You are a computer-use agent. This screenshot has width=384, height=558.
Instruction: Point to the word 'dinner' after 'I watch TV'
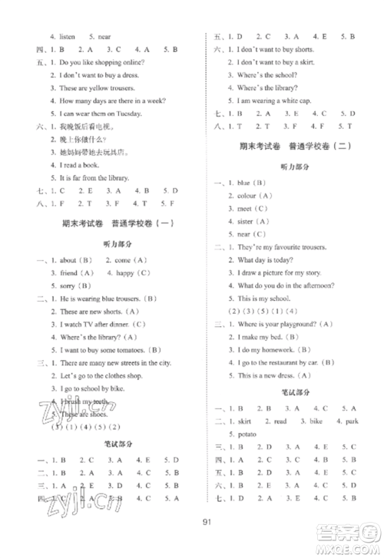pyautogui.click(x=120, y=323)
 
